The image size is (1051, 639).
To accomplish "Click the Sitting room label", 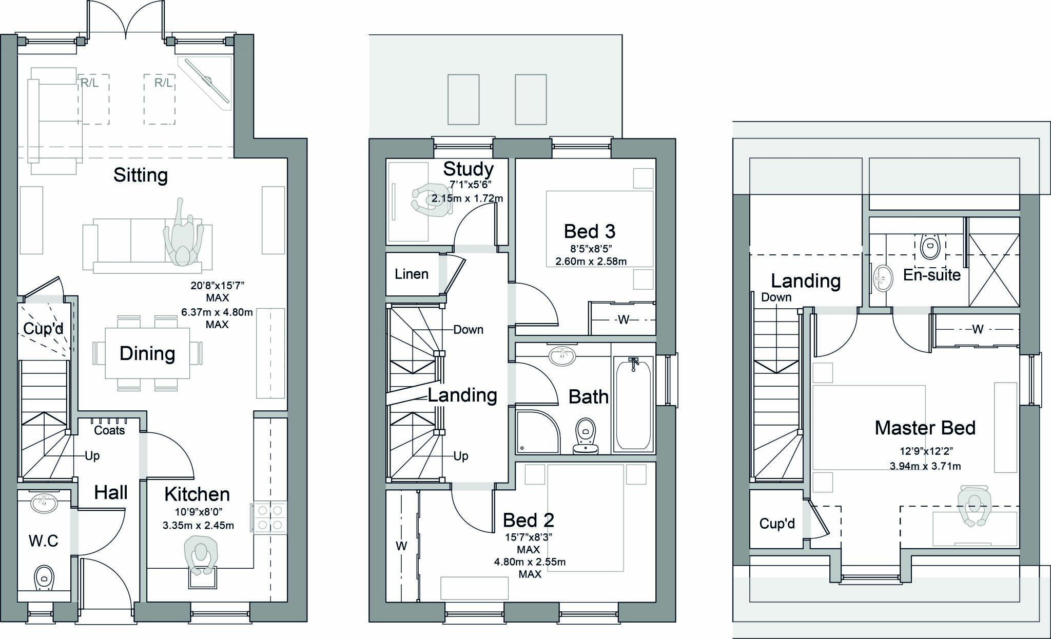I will [140, 175].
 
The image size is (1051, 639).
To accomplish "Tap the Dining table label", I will [147, 354].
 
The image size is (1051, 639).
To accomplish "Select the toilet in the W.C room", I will [44, 578].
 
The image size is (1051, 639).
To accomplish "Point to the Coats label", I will [109, 430].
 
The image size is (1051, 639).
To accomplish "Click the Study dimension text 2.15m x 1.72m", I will [467, 198].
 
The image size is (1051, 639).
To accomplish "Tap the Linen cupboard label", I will [412, 274].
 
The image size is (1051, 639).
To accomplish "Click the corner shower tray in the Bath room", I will [537, 432].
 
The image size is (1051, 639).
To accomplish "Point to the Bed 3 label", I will [589, 231].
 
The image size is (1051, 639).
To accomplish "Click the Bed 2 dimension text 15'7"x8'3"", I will [529, 537].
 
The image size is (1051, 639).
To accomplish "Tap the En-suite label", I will [931, 275].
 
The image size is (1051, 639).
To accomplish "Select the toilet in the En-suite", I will [930, 247].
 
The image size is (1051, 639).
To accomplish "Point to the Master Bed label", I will [925, 428].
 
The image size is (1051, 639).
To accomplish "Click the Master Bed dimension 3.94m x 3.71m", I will [925, 466].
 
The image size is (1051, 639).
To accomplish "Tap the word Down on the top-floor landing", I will [776, 297].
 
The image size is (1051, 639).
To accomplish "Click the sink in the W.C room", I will [45, 503].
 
